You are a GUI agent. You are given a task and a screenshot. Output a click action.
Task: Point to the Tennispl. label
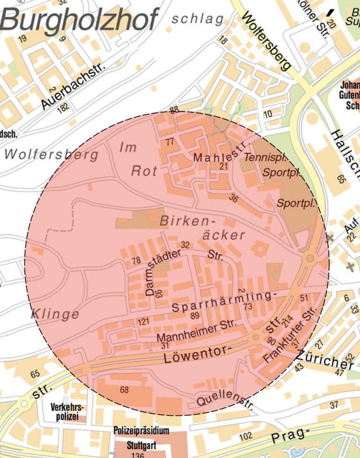tap(265, 157)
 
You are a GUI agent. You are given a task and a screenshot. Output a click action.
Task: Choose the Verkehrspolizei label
tap(65, 412)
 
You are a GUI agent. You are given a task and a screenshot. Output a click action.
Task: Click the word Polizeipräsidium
tap(142, 430)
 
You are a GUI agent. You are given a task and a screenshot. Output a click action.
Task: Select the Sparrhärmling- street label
tap(222, 303)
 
